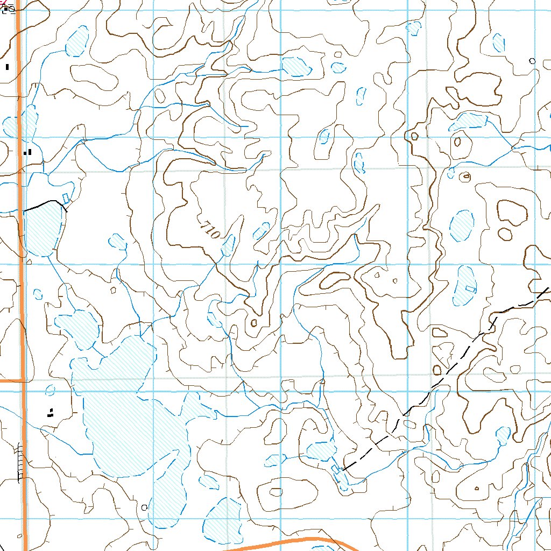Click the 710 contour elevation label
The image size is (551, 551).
pyautogui.click(x=209, y=230)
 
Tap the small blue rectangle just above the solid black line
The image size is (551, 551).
pyautogui.click(x=66, y=198)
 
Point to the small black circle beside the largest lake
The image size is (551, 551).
pyautogui.click(x=144, y=507)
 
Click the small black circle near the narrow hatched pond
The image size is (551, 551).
pyautogui.click(x=533, y=61)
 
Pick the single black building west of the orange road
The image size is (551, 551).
pyautogui.click(x=8, y=67)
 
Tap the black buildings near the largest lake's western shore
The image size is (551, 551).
pyautogui.click(x=51, y=413)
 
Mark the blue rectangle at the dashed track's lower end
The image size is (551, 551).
pyautogui.click(x=336, y=469)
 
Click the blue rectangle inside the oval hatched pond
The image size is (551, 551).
pyautogui.click(x=470, y=288)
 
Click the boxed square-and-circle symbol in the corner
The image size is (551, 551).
pyautogui.click(x=9, y=9)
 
